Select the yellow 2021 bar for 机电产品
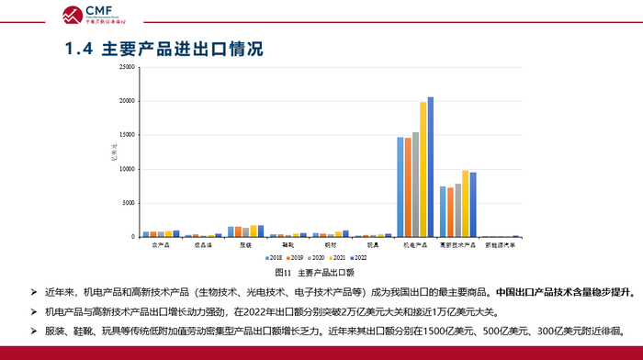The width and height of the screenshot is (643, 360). [x=423, y=170]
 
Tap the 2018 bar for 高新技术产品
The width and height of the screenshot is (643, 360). [x=443, y=212]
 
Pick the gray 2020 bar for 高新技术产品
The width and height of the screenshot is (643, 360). [x=457, y=210]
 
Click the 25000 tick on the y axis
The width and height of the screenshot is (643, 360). [x=128, y=68]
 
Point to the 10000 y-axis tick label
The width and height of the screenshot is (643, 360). [x=128, y=170]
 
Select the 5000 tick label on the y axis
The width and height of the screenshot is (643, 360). [x=130, y=204]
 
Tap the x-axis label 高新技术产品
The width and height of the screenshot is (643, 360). [x=457, y=245]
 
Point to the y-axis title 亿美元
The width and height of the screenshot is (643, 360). [x=114, y=152]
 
